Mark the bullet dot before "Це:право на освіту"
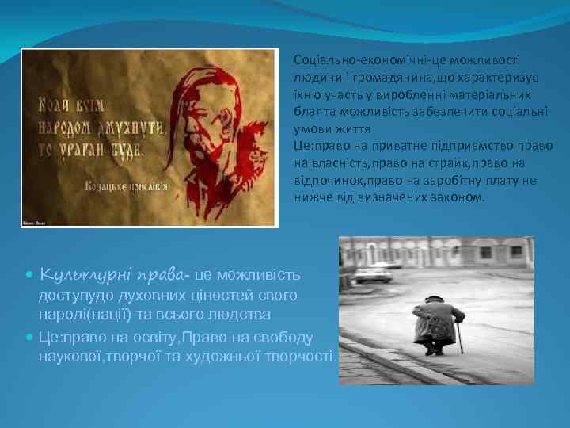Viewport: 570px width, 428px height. [x=30, y=336]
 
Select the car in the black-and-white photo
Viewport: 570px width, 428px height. [x=372, y=275]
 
